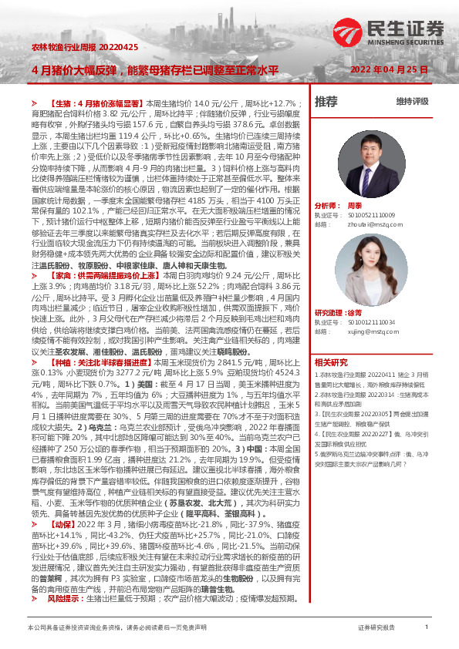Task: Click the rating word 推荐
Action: pos(326,101)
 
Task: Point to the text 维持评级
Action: pos(412,101)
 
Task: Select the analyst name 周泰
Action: pos(354,207)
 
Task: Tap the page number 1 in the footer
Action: pos(426,628)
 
